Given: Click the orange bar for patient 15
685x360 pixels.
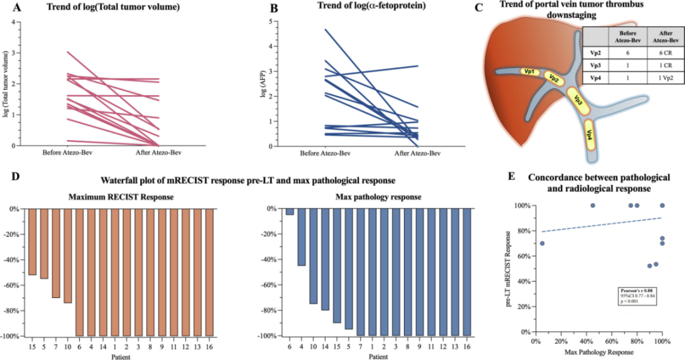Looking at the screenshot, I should point(32,241).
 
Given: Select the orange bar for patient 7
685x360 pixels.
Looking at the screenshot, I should point(56,254).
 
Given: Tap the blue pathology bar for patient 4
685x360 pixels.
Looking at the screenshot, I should point(302,237).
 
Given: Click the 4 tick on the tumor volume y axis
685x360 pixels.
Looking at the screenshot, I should point(13,22).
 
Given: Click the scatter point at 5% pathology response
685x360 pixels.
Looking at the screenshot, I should point(542,243).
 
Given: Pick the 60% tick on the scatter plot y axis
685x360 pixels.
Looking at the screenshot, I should point(525,256).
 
